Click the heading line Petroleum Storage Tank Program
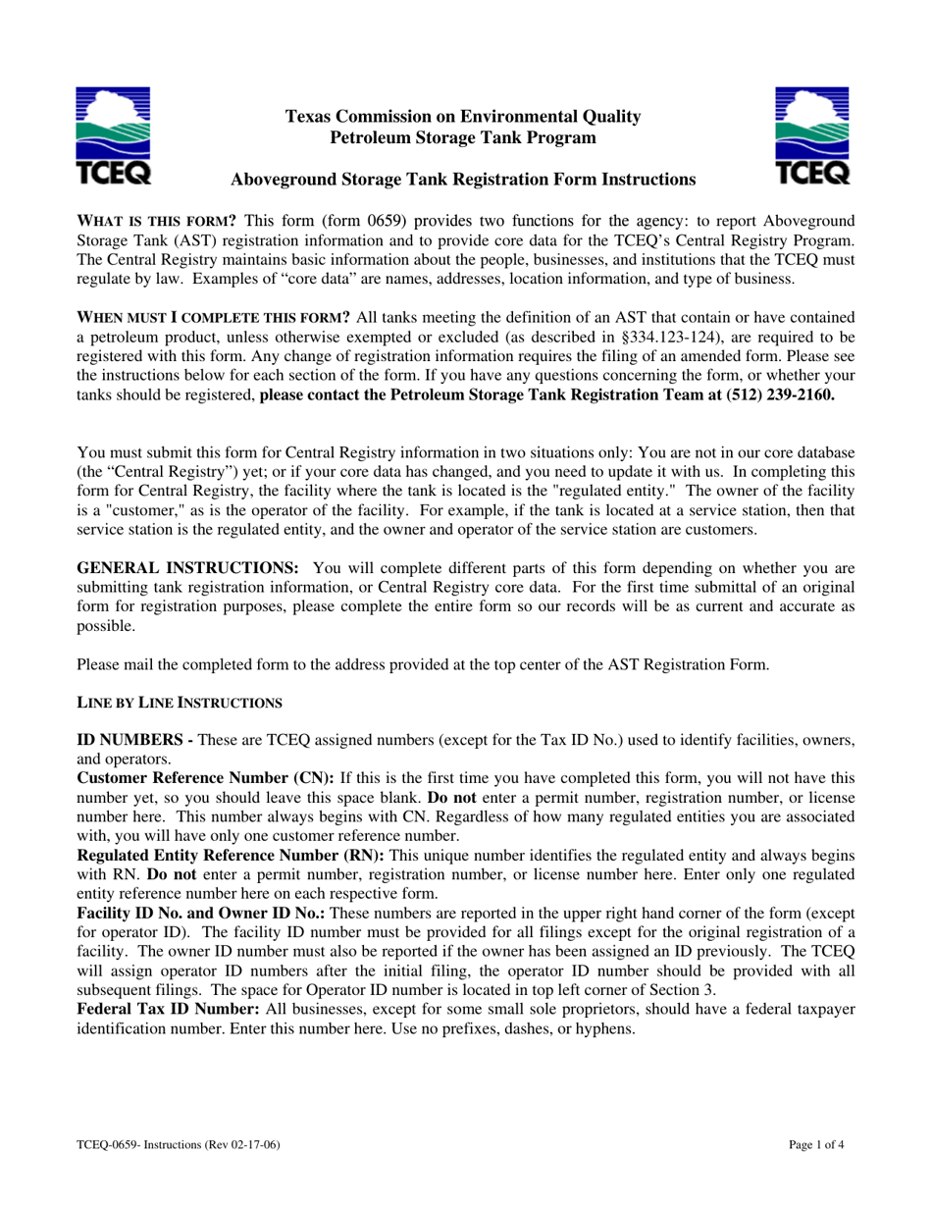pyautogui.click(x=463, y=138)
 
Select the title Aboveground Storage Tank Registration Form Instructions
pyautogui.click(x=462, y=180)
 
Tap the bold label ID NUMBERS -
pyautogui.click(x=133, y=739)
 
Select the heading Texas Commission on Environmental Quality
pyautogui.click(x=463, y=118)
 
